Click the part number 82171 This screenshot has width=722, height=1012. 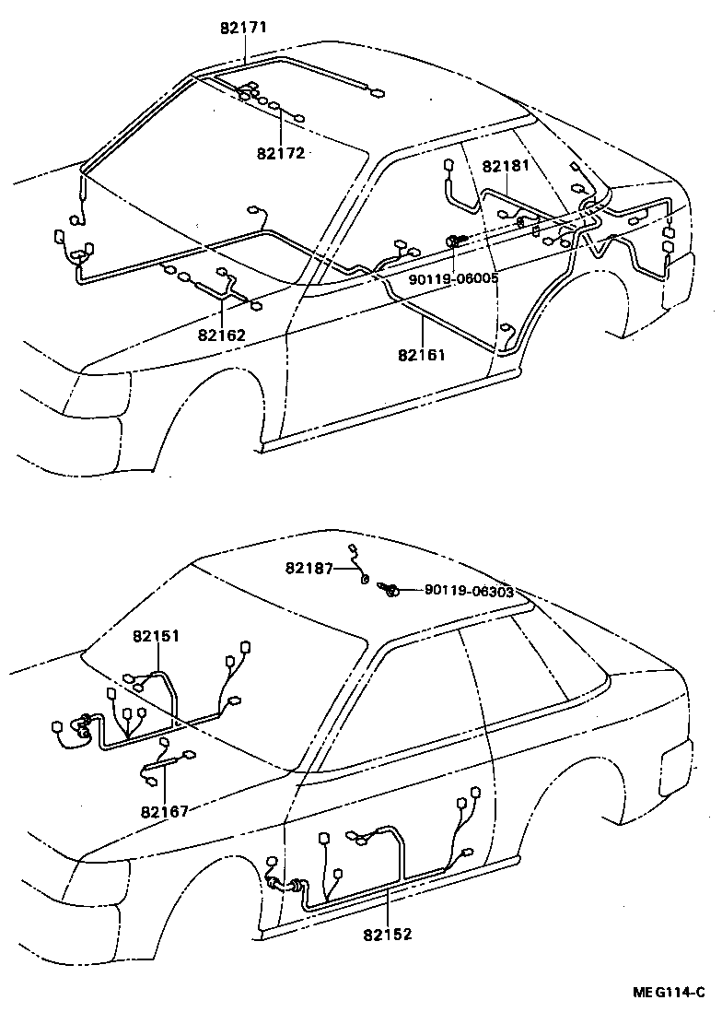243,28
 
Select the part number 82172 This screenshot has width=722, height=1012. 281,153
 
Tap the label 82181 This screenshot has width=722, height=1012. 507,167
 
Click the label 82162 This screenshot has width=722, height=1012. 221,335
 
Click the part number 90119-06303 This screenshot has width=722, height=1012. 469,592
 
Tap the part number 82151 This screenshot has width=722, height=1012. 156,636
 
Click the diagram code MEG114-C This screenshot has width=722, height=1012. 668,993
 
